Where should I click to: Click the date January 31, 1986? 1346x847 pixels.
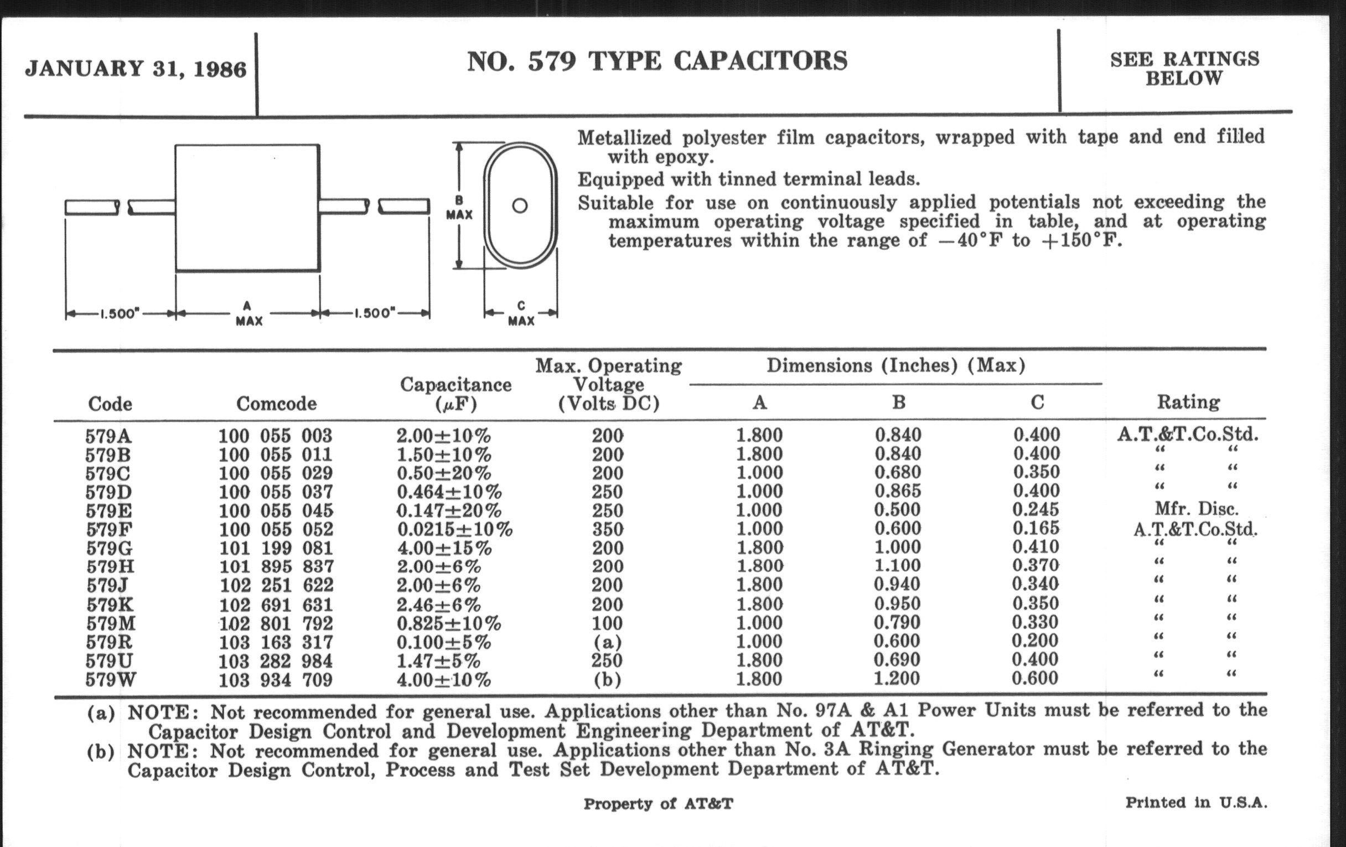coord(136,69)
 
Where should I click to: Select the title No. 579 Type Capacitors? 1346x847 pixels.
coord(657,61)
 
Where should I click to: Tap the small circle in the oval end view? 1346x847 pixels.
coord(520,206)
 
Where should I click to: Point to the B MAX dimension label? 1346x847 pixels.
coord(459,208)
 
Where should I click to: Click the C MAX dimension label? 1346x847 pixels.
coord(521,314)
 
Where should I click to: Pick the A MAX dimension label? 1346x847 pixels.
coord(248,314)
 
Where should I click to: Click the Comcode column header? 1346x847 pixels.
coord(276,404)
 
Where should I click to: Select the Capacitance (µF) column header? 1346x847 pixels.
coord(455,394)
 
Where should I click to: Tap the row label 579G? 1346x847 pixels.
coord(109,548)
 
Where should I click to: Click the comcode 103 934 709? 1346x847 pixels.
coord(275,680)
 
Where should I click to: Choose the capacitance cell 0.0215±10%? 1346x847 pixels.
coord(454,529)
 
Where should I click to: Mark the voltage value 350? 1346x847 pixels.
coord(608,529)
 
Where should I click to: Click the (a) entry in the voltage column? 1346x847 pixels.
coord(608,642)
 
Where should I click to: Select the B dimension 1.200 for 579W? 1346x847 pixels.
coord(897,679)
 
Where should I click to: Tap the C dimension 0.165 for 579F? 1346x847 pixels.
coord(1036,528)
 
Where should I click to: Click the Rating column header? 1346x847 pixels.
coord(1188,402)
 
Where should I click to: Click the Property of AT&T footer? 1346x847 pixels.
coord(658,804)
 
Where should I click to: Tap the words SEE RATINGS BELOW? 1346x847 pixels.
coord(1184,69)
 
